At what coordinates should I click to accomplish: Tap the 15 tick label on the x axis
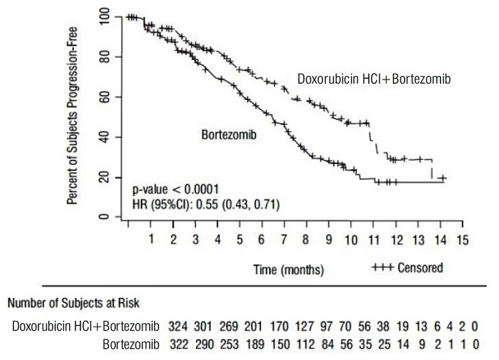click(461, 239)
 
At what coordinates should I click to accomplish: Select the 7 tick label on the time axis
click(284, 239)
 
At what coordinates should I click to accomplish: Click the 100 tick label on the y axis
click(103, 17)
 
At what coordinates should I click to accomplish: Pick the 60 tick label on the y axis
click(103, 96)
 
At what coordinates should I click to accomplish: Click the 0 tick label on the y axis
click(103, 217)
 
